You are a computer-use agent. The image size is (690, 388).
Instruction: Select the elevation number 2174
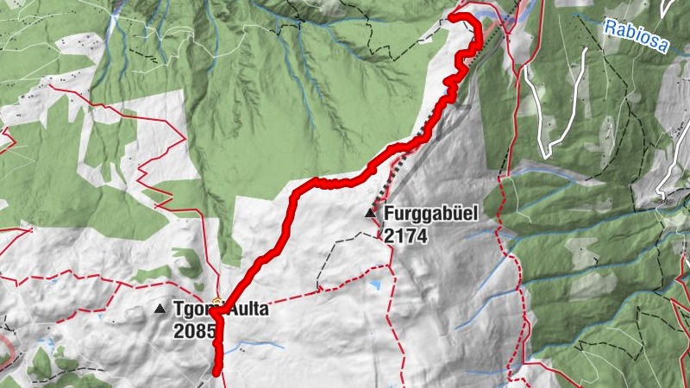406,235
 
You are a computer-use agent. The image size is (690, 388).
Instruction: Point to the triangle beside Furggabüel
371,212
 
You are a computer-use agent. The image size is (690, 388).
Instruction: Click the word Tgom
194,309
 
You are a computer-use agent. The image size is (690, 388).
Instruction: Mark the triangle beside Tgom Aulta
160,309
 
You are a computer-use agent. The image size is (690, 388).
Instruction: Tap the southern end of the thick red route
216,372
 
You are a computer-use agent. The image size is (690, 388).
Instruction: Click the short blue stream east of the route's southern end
259,345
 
